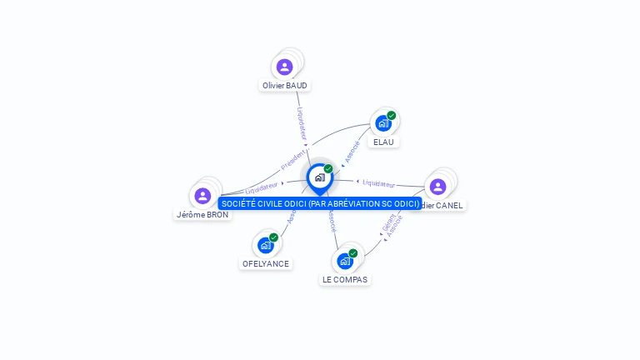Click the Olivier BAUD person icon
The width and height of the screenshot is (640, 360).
pos(285,67)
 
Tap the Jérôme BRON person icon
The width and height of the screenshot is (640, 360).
pos(202,196)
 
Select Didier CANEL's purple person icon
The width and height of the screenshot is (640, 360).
pos(438,187)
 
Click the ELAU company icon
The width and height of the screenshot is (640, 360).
pos(382,123)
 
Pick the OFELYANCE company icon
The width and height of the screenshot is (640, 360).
pos(265,245)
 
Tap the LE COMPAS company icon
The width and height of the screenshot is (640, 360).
pos(345,261)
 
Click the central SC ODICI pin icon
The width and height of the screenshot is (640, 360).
pos(319,177)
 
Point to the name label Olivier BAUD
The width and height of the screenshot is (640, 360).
pos(285,85)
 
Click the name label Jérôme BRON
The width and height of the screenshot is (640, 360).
pos(202,214)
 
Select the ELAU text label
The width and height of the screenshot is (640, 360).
pos(383,142)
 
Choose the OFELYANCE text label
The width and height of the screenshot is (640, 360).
pos(266,263)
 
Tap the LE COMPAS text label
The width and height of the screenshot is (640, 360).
pos(345,279)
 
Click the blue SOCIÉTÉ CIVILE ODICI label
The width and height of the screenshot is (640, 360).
pos(320,203)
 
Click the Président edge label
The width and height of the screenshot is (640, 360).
pos(293,159)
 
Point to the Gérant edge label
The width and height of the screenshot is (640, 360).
pos(387,222)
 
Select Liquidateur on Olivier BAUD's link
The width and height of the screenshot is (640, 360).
pos(302,122)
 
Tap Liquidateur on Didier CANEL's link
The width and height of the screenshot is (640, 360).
pos(379,182)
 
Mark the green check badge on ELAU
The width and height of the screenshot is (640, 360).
pos(391,116)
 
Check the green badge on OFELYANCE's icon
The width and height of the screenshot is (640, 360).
pos(273,237)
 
